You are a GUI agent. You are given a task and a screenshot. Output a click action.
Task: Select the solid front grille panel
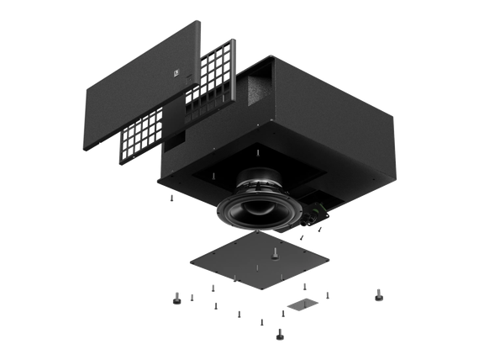(x=134, y=84)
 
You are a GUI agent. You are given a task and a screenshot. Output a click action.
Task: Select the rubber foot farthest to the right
(x=378, y=294)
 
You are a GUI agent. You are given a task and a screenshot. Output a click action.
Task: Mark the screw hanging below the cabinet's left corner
(x=171, y=199)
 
